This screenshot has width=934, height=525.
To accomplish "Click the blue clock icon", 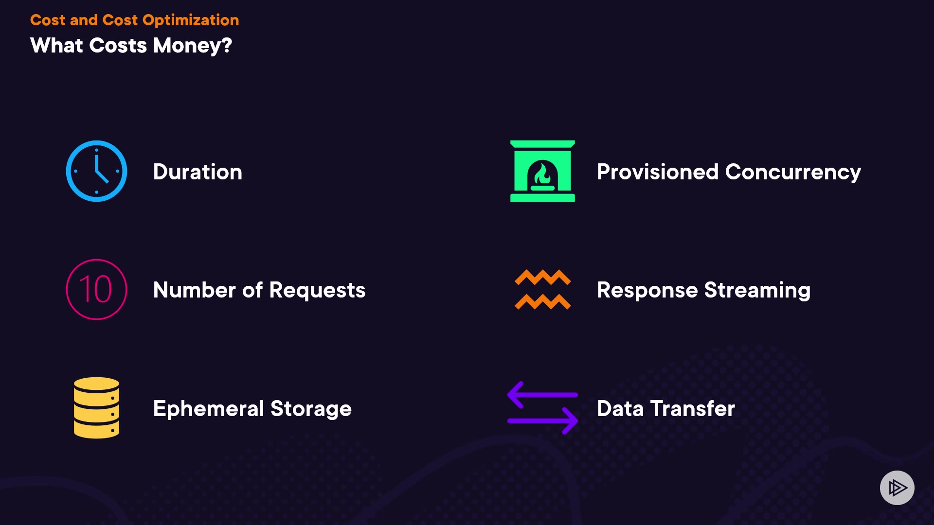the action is click(96, 171).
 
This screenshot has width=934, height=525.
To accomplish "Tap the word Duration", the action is click(198, 172).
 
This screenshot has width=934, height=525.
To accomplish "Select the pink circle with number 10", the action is click(96, 289).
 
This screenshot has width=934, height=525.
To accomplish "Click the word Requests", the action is click(317, 290).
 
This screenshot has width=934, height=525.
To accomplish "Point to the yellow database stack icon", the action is click(96, 408).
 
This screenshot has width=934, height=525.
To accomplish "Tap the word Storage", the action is click(311, 409).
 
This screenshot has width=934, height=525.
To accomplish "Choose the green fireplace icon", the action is click(542, 171).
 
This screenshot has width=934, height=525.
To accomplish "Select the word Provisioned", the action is click(657, 172).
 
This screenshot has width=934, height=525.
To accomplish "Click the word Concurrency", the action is click(793, 172).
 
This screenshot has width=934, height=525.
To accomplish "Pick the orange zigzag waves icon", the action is click(542, 289).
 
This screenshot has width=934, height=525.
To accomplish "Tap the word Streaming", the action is click(757, 290).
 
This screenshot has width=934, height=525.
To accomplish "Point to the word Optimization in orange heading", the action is click(191, 20).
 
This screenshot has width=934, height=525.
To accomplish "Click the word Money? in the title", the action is click(193, 46).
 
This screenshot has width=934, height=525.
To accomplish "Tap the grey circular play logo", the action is click(897, 488).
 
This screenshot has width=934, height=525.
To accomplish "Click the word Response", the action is click(647, 290).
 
